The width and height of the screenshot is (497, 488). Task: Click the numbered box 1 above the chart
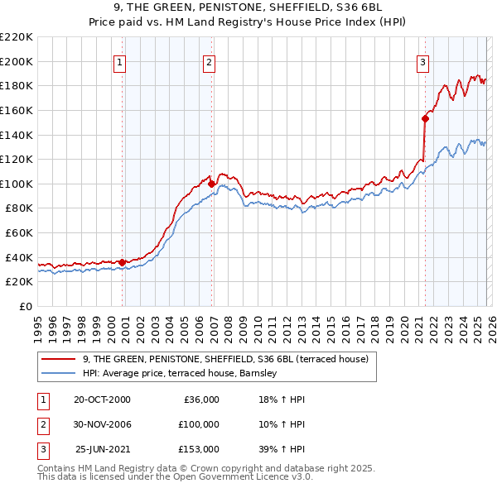point(120,61)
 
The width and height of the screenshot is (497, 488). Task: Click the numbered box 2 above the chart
point(210,61)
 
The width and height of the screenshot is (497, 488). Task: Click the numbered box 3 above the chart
point(422,61)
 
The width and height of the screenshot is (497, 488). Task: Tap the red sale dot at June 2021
point(425,118)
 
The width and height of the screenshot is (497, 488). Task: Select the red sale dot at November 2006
point(212,184)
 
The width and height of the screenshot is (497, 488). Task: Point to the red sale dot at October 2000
point(123,262)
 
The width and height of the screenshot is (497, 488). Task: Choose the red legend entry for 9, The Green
point(230,359)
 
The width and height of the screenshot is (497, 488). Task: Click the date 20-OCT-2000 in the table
point(102,399)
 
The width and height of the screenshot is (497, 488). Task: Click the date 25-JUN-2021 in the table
point(103,449)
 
